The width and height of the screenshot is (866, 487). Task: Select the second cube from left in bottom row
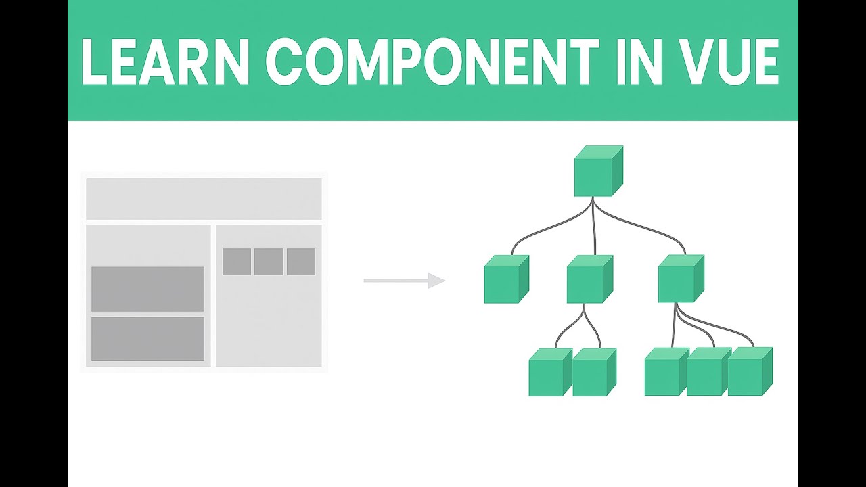[x=593, y=373]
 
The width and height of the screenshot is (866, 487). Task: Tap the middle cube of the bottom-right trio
[x=705, y=373]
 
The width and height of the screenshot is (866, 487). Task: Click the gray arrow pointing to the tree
[x=405, y=280]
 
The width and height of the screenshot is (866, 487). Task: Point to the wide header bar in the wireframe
[x=204, y=199]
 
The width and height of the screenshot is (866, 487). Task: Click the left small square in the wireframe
[x=237, y=262]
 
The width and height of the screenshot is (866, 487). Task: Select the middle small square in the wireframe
[x=269, y=262]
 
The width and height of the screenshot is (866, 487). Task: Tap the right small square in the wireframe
[x=301, y=262]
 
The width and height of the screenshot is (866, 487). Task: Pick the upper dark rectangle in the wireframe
[x=147, y=289]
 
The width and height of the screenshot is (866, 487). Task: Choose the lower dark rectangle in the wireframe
[x=147, y=338]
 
